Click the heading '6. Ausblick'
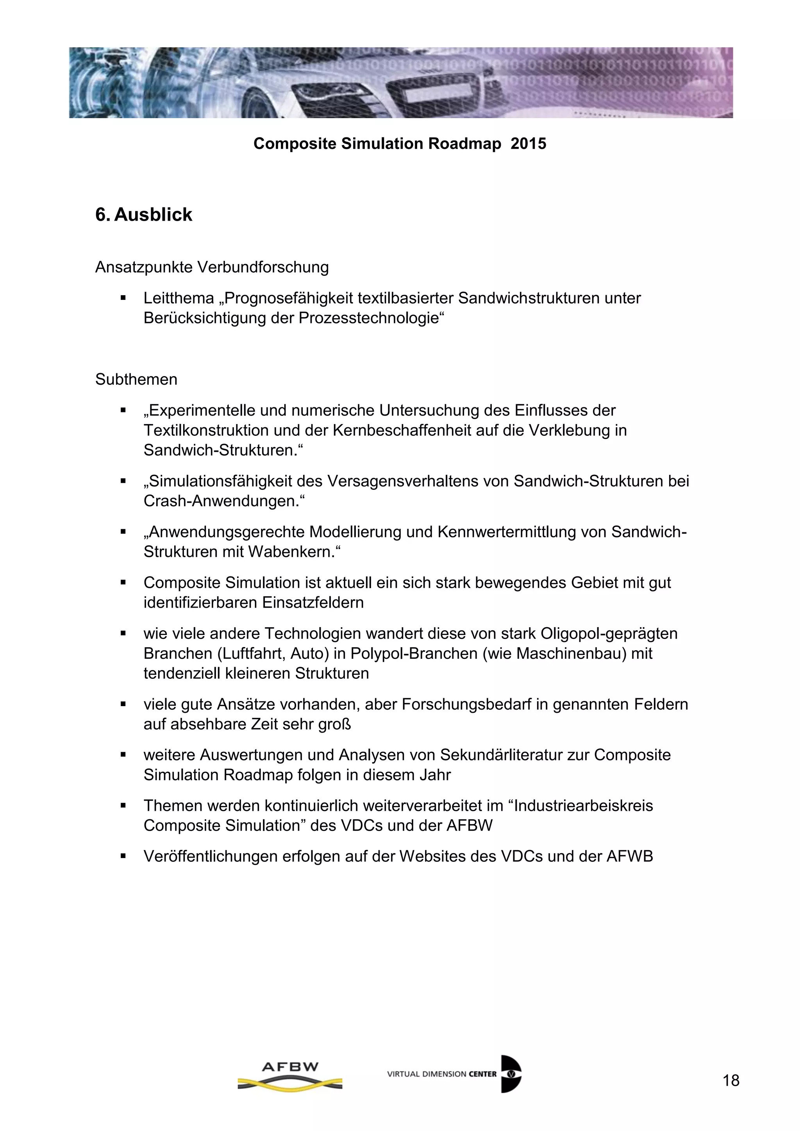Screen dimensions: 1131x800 tap(143, 215)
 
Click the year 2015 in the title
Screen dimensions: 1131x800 tap(528, 144)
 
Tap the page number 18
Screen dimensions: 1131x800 tap(731, 1080)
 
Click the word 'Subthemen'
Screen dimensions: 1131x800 tap(136, 379)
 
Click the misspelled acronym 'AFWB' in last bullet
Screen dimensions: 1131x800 tap(630, 856)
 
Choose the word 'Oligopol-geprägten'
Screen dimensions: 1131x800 tap(609, 633)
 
